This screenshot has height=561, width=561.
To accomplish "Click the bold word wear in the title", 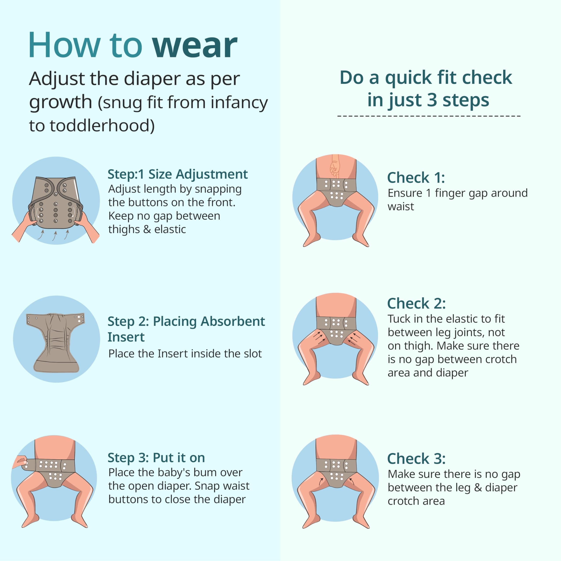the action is [x=195, y=46].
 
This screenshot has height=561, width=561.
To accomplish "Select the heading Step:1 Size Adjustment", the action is [x=178, y=174].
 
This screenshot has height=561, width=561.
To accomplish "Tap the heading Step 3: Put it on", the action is [x=156, y=458].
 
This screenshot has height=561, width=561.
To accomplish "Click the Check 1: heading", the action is [x=416, y=178].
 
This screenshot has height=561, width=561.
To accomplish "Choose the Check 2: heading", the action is [x=416, y=304].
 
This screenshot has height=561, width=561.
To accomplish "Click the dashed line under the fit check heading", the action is [x=429, y=116].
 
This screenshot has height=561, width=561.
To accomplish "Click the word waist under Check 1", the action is [x=401, y=206].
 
